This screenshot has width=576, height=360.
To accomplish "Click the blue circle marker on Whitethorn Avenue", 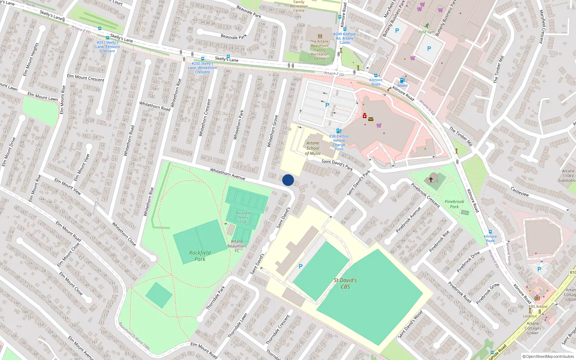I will coord(288,180).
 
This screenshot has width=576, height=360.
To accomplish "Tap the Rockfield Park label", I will coord(200,256).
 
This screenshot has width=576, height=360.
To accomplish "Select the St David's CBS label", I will coord(345,283).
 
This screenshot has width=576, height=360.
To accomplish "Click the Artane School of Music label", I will coord(313,148).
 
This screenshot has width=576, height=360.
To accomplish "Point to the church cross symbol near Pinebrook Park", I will coord(431,179).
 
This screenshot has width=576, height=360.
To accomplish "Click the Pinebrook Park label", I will coord(454,204).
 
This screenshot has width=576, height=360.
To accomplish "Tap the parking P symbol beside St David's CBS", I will coord(301,266).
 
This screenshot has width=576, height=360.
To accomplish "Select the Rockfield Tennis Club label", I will coord(243,217).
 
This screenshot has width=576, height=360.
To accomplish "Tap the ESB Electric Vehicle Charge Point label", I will coord(339,143).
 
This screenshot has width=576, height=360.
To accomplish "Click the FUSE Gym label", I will coord(427,32).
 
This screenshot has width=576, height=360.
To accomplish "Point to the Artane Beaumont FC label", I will coord(237,246).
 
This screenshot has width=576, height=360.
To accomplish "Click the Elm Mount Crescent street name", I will coord(86,78).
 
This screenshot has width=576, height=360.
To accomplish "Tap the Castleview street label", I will coord(519,191).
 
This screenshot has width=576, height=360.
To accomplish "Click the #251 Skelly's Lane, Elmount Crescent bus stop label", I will coord(108,47).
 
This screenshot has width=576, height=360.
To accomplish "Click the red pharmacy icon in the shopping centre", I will coord(364,116).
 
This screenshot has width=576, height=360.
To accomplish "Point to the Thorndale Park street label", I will coord(215,298).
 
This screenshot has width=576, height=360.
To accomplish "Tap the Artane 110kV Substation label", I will coord(568,176).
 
